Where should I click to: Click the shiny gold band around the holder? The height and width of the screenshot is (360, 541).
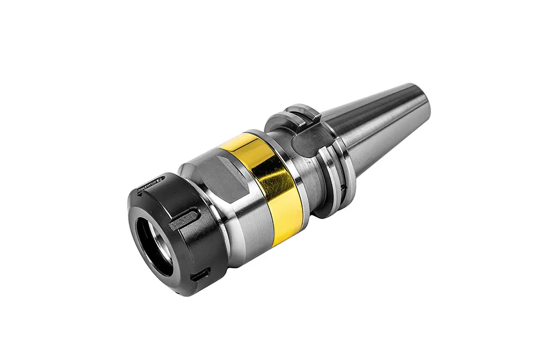pos(265,186)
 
